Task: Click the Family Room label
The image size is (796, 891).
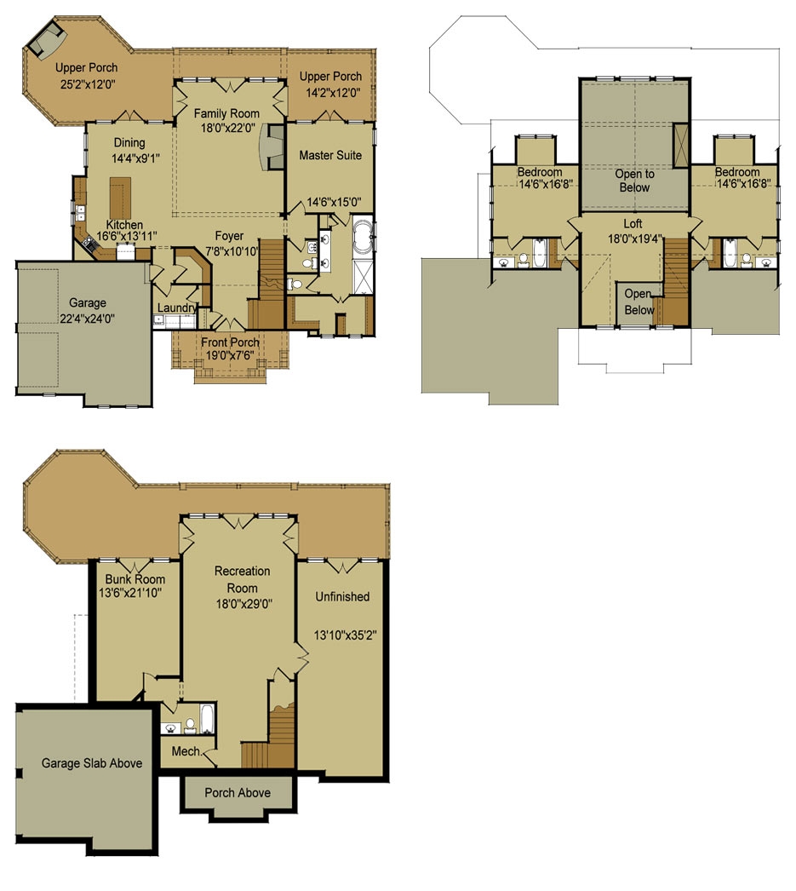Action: pyautogui.click(x=226, y=113)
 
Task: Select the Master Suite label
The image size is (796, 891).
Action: pyautogui.click(x=330, y=155)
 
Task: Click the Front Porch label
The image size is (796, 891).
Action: pyautogui.click(x=230, y=342)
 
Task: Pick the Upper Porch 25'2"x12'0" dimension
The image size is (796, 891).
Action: pyautogui.click(x=87, y=84)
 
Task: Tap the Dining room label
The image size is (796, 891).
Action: pyautogui.click(x=129, y=143)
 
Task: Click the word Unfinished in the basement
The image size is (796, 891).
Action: pyautogui.click(x=341, y=597)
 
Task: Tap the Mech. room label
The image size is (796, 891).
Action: pyautogui.click(x=186, y=751)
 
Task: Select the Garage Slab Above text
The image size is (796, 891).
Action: pyautogui.click(x=92, y=763)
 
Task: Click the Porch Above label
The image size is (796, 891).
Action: pyautogui.click(x=238, y=793)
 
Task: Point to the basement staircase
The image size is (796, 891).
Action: pyautogui.click(x=272, y=741)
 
